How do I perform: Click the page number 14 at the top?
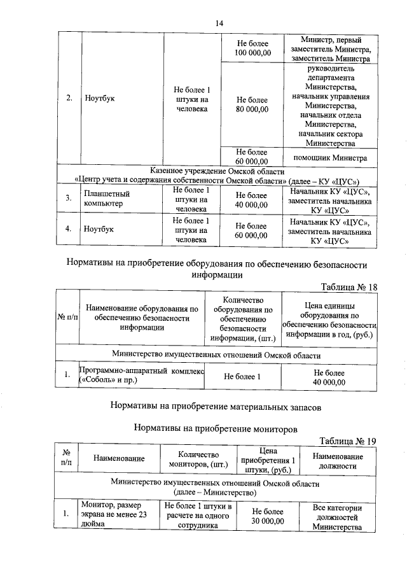[219, 24]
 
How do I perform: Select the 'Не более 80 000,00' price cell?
[252, 104]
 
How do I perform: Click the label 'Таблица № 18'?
[349, 287]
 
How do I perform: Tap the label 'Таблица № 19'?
[348, 441]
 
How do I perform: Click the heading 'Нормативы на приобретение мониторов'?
[216, 430]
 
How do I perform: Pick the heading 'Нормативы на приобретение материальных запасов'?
[216, 404]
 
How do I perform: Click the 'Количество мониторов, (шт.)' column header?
[199, 460]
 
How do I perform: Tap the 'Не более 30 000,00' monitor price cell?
[268, 517]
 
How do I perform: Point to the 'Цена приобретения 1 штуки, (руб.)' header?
[268, 460]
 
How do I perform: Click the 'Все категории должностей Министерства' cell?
[338, 517]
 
